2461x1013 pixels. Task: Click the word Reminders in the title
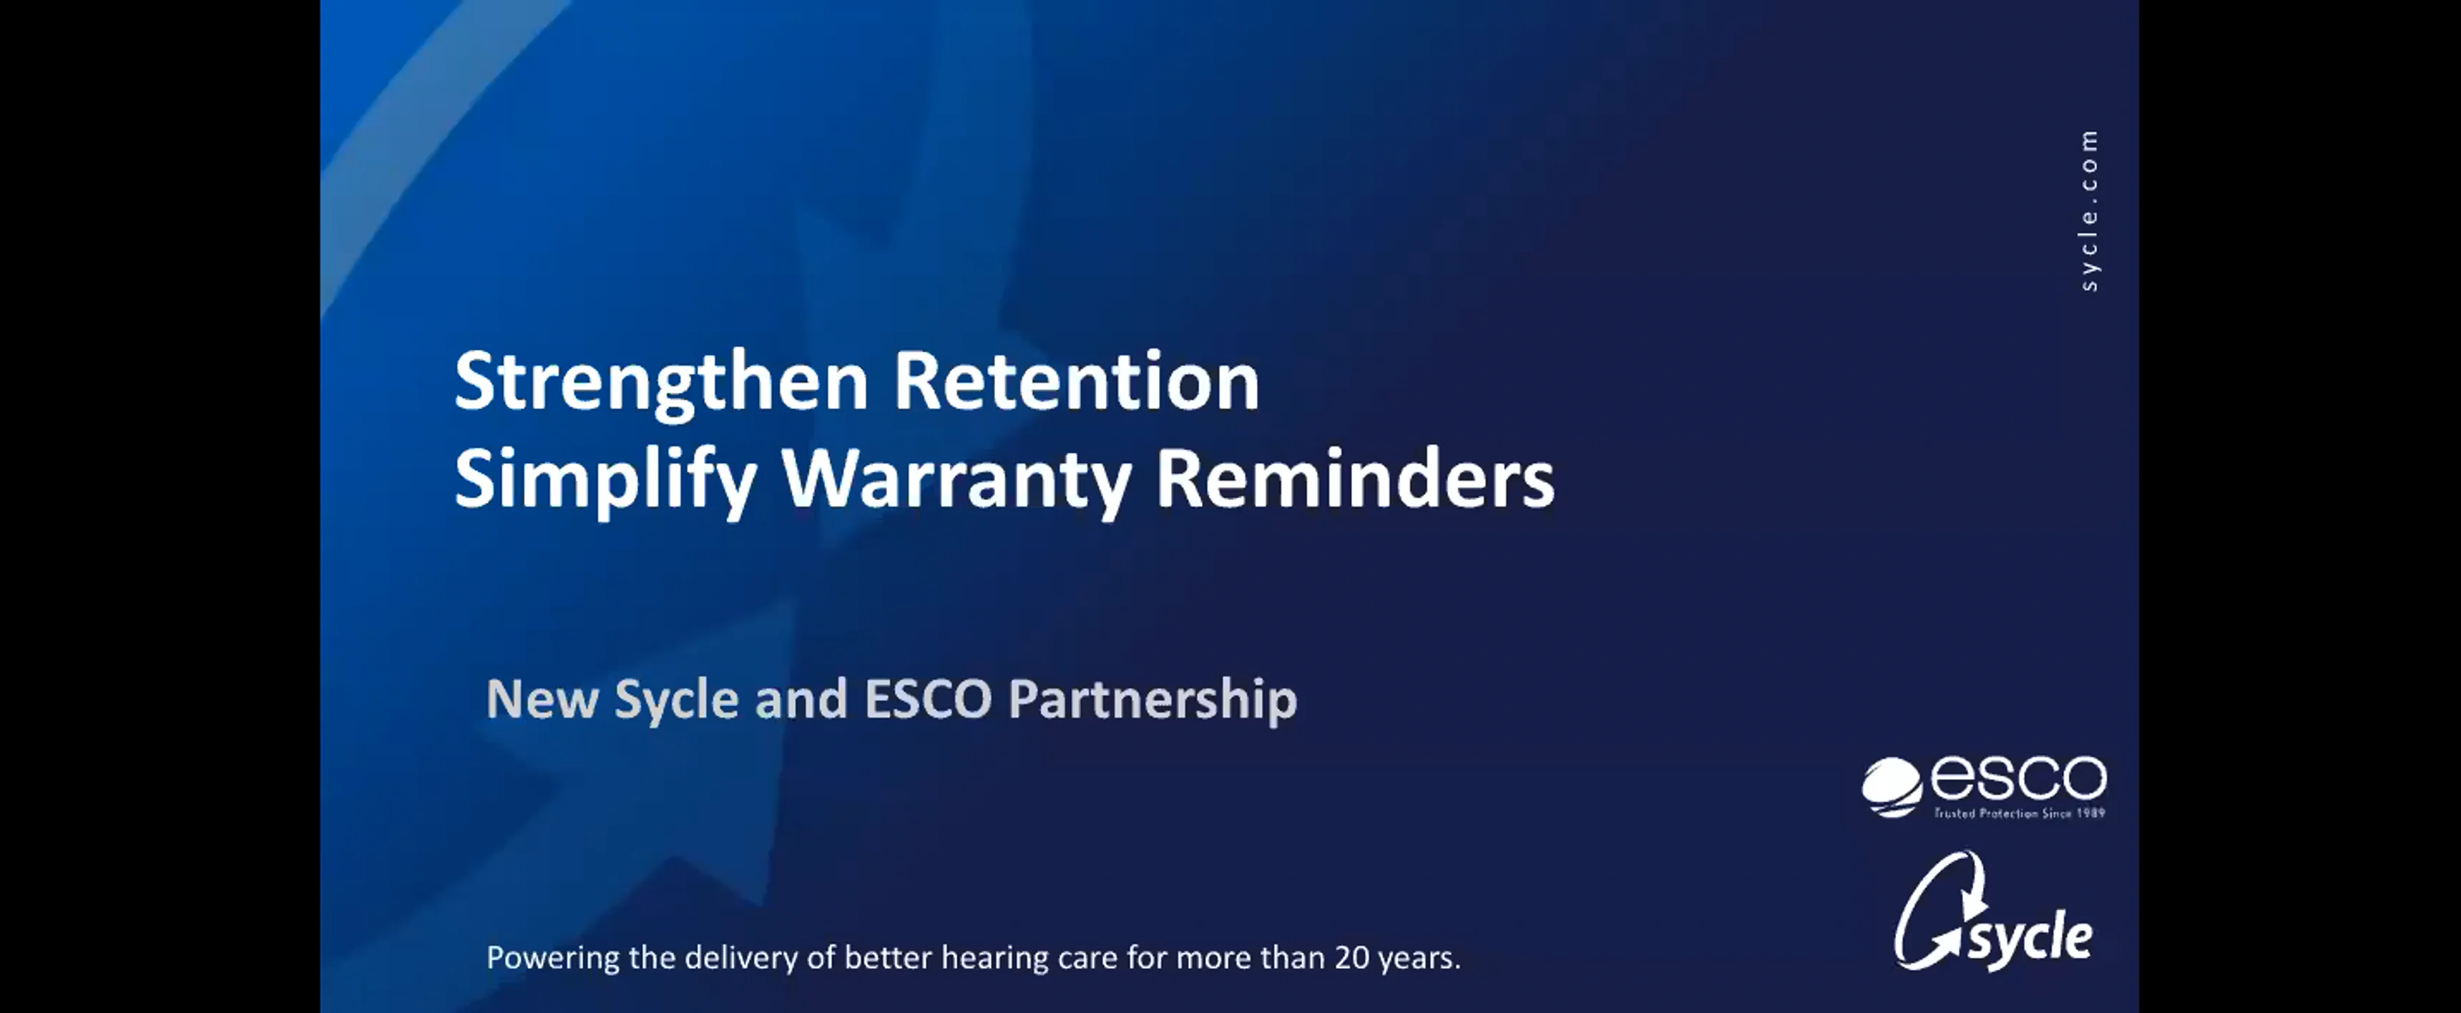click(x=1355, y=479)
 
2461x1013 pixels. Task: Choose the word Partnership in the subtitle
click(x=1152, y=699)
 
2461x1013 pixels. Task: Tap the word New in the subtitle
click(x=541, y=699)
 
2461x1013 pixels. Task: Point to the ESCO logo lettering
click(x=2017, y=780)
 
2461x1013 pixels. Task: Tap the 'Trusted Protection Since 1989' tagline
click(x=2020, y=813)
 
